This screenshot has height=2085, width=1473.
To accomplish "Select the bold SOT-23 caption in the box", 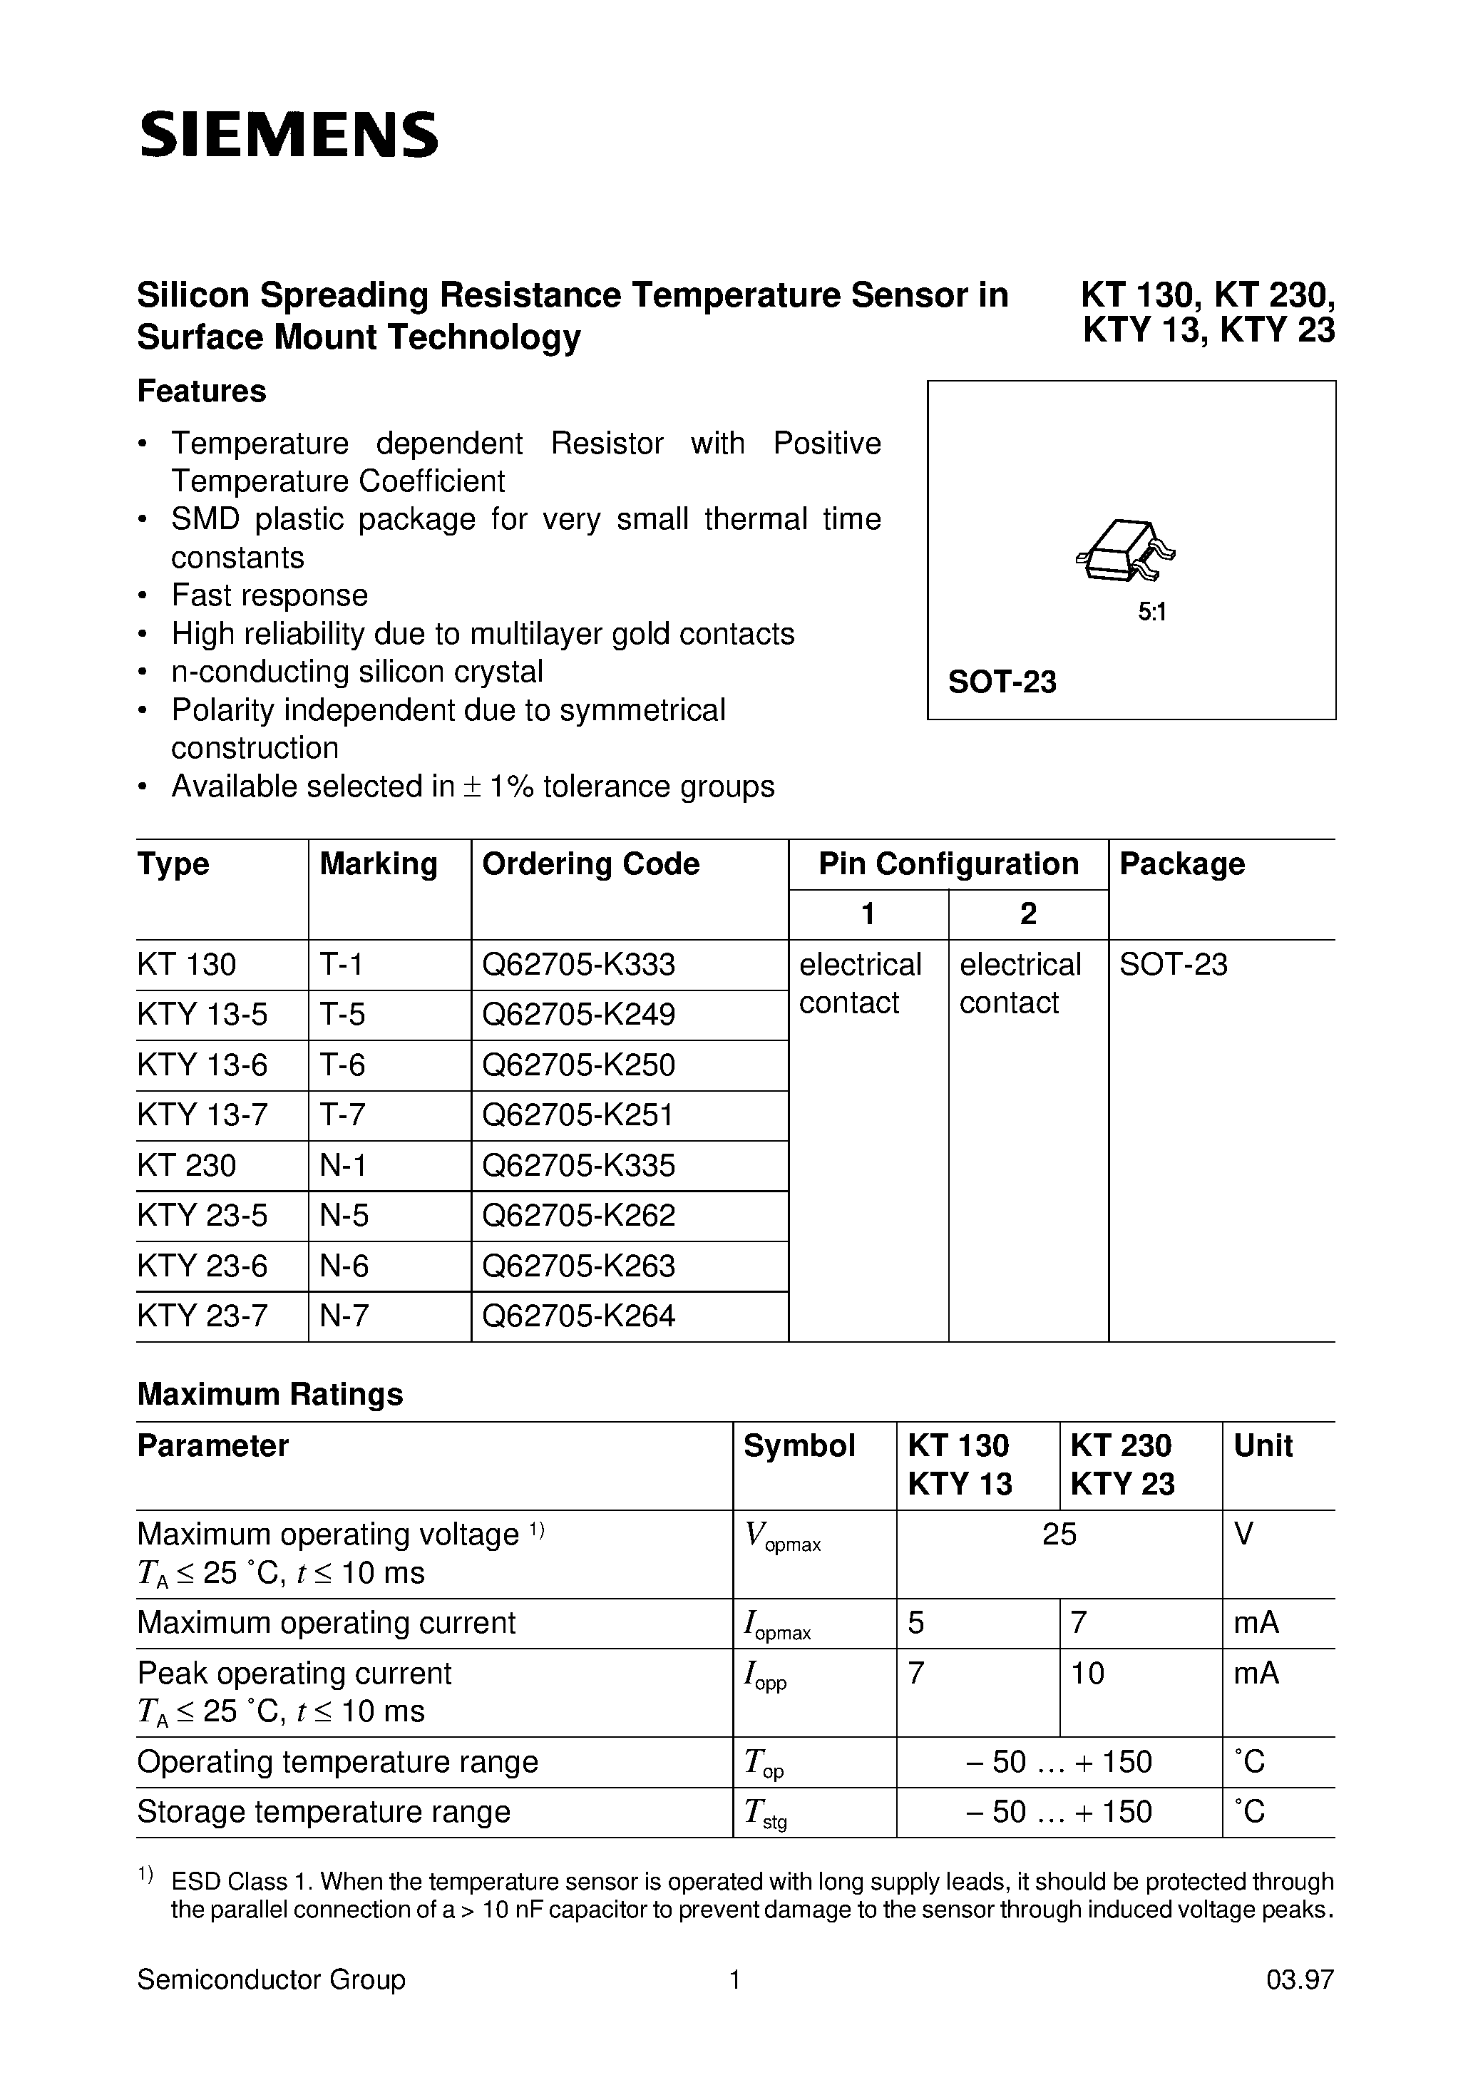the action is (1002, 681).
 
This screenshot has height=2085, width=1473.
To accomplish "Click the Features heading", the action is (202, 391).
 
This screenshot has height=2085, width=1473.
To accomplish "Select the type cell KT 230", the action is (186, 1165).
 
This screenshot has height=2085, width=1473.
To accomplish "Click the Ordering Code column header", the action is (590, 864).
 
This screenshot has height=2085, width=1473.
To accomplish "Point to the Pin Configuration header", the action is (948, 864).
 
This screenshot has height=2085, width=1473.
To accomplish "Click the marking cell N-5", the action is (344, 1215).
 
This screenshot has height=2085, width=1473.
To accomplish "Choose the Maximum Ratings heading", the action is (270, 1394).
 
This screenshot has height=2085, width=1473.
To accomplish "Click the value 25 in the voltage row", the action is (1059, 1534).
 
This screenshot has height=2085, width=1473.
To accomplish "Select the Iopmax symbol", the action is (776, 1626).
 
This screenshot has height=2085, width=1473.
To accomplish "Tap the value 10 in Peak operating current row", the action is (1087, 1673).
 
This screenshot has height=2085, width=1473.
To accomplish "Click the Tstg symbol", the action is (764, 1813).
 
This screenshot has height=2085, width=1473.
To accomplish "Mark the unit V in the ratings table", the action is (1243, 1534).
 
